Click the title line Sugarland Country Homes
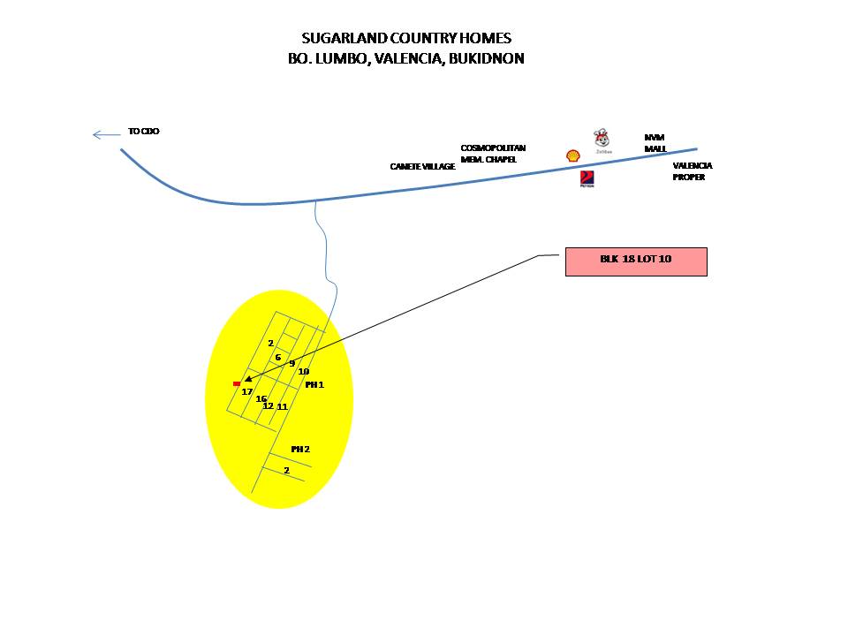(x=405, y=39)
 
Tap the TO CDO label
(x=143, y=132)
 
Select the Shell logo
(x=573, y=155)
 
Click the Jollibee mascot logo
(x=603, y=140)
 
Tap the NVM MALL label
(x=655, y=142)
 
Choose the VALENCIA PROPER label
(x=693, y=171)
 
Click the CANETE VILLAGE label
(x=422, y=166)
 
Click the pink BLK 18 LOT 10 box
(x=636, y=261)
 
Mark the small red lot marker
(x=236, y=383)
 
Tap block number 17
(x=247, y=391)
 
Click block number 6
(x=277, y=358)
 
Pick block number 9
(x=291, y=363)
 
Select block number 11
(x=283, y=406)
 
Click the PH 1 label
(x=314, y=385)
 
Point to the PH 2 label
(x=300, y=449)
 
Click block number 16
(x=261, y=399)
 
